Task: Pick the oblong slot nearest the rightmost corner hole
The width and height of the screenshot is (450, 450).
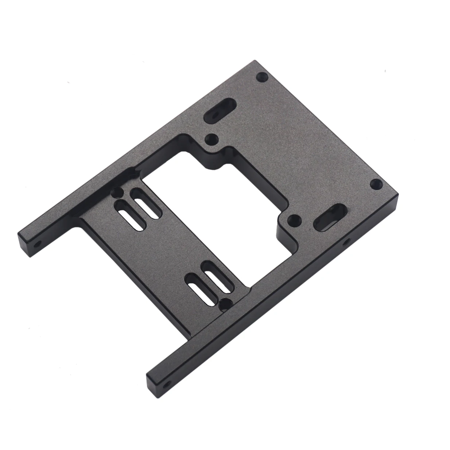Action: tap(331, 218)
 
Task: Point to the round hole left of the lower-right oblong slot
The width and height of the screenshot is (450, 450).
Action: tap(294, 220)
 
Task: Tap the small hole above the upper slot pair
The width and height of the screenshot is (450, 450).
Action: tap(117, 192)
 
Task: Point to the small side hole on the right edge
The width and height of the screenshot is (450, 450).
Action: tap(346, 241)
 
